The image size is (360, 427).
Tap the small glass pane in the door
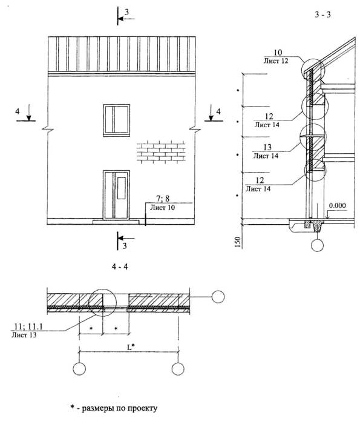(122, 188)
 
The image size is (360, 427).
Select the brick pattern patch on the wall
(161, 151)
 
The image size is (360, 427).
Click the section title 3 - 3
(322, 15)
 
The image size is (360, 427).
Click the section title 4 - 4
(120, 266)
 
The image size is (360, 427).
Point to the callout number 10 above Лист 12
(278, 52)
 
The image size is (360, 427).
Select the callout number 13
(267, 147)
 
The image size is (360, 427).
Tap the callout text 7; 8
(163, 199)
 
